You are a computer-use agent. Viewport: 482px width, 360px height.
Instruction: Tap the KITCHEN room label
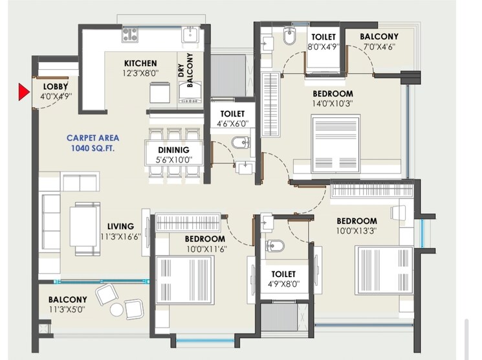pyautogui.click(x=140, y=63)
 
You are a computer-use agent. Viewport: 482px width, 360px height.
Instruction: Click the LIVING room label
pyautogui.click(x=121, y=227)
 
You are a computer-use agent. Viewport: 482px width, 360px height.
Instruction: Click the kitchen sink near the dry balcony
pyautogui.click(x=190, y=34)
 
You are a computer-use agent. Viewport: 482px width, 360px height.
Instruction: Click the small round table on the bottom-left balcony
pyautogui.click(x=116, y=309)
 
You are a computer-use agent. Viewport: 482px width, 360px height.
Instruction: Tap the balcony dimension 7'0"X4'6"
pyautogui.click(x=378, y=46)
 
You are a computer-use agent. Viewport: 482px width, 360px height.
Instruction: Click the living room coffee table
pyautogui.click(x=85, y=223)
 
